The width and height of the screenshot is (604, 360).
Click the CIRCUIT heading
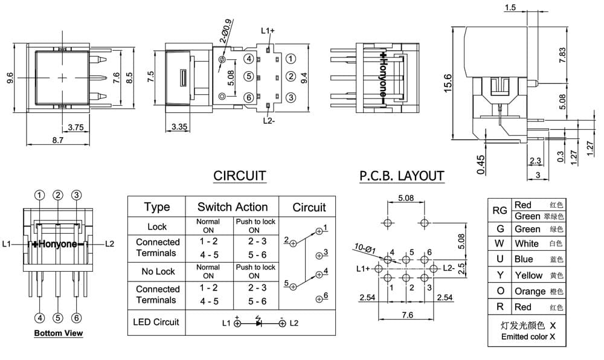[x=240, y=176]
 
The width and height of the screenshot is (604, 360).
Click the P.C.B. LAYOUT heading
[x=402, y=176]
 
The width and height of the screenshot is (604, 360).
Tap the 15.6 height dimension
[x=448, y=83]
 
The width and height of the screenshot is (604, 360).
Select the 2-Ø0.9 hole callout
[x=226, y=31]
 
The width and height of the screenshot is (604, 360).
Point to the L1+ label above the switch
[x=268, y=31]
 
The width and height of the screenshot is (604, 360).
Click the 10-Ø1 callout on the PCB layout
[x=364, y=248]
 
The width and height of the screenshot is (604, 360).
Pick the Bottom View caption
[x=59, y=333]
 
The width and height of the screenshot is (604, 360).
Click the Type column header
[x=157, y=207]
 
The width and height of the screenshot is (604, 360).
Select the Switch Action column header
[x=233, y=207]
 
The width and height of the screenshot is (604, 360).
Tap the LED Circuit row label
[x=156, y=322]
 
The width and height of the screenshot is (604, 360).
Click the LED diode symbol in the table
[x=258, y=322]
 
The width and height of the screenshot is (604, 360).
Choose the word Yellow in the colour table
[x=528, y=275]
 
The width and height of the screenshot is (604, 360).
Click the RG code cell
[x=500, y=210]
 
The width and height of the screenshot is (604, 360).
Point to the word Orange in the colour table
[x=530, y=292]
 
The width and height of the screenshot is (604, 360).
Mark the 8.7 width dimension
[x=58, y=140]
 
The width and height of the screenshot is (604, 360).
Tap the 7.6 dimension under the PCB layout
[x=407, y=315]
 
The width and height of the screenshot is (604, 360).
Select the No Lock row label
[x=158, y=271]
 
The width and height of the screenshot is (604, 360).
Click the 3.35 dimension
[x=179, y=126]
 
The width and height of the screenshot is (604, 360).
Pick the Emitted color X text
[x=528, y=336]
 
